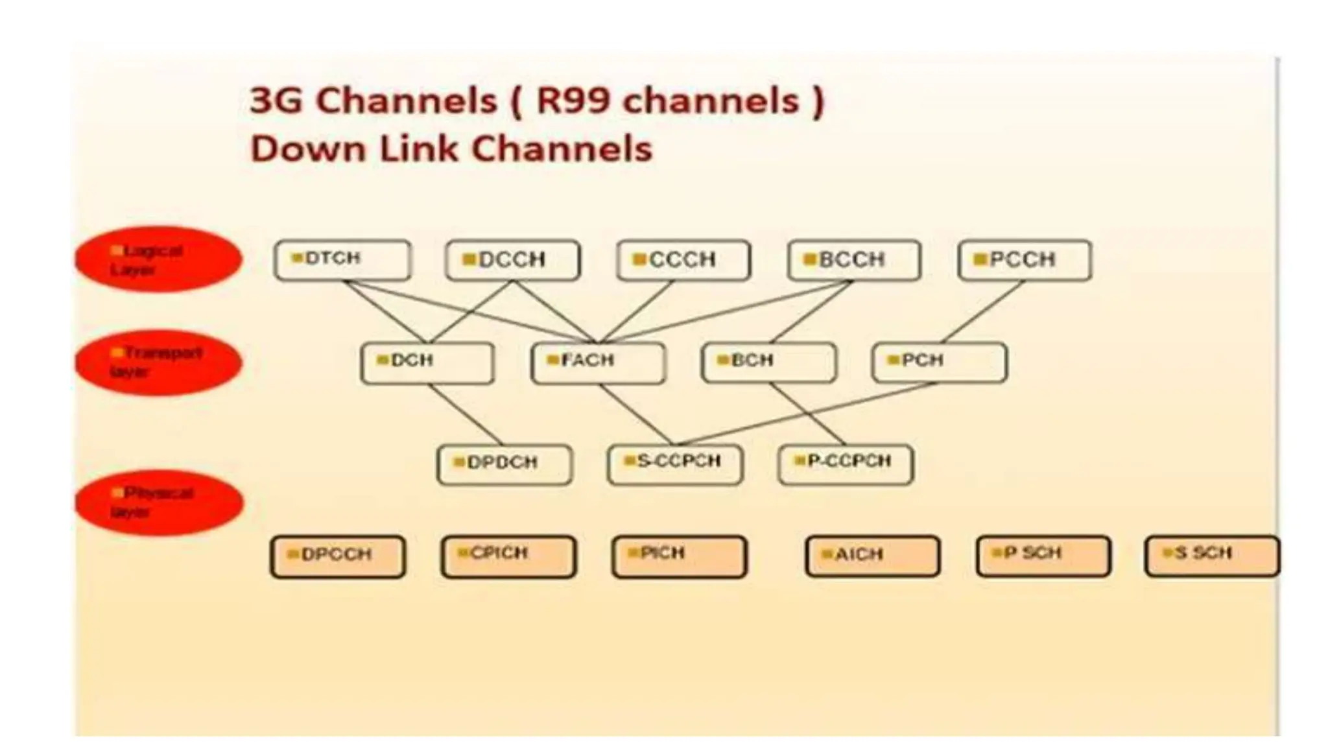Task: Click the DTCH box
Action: [342, 260]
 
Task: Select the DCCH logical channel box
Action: [513, 260]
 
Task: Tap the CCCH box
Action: [683, 260]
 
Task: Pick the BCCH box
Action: [854, 260]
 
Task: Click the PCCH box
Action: [1025, 260]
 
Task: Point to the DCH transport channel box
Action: [427, 363]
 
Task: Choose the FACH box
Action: [598, 363]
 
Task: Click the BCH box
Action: [768, 363]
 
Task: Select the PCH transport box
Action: [940, 363]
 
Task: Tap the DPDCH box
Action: [504, 464]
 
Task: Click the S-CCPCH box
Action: [675, 464]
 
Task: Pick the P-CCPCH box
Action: [846, 464]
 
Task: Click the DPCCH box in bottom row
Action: [338, 556]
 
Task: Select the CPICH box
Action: [508, 556]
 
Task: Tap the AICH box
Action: [872, 556]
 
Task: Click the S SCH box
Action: [1212, 556]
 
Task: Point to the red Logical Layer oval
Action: [158, 259]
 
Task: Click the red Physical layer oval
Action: [159, 503]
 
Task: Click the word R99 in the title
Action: [576, 101]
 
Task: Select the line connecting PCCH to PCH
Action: [982, 311]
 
